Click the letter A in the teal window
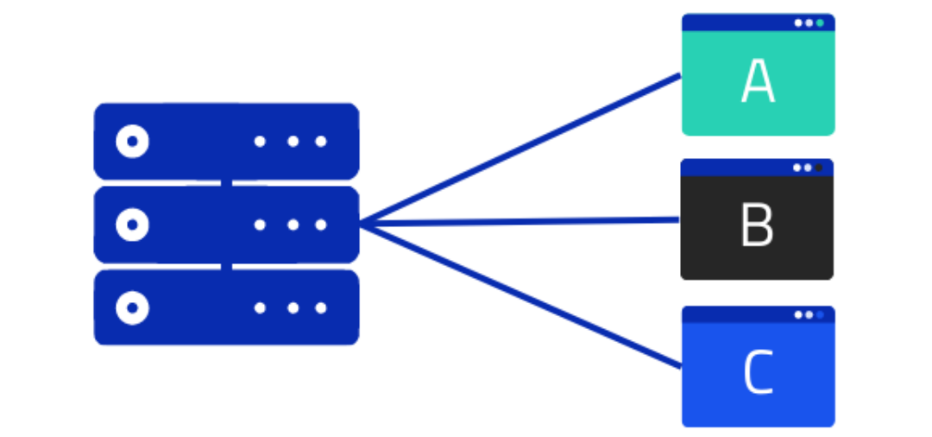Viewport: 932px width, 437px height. tap(758, 80)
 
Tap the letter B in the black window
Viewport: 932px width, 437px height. tap(758, 225)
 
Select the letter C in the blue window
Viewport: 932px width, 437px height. tap(759, 372)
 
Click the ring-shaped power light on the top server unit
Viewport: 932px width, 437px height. tap(133, 142)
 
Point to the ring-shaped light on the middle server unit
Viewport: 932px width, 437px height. tap(133, 225)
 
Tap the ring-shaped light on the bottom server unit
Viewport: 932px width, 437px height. tap(133, 308)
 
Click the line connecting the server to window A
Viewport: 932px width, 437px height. tap(520, 149)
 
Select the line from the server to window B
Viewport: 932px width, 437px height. tap(520, 222)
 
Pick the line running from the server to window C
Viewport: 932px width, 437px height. tap(520, 295)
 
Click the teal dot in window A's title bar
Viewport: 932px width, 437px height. tap(821, 23)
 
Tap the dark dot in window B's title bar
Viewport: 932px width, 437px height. tap(818, 168)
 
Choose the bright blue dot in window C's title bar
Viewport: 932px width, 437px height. tap(821, 314)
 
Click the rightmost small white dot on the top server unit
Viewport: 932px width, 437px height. tap(321, 142)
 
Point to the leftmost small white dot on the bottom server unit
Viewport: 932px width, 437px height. tap(260, 308)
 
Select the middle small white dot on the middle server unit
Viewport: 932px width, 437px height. tap(293, 225)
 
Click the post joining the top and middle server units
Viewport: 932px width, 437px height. tap(226, 182)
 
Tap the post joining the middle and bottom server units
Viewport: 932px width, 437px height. tap(226, 266)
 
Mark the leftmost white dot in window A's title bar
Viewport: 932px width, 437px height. tap(798, 23)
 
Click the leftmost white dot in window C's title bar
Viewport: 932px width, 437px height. tap(798, 314)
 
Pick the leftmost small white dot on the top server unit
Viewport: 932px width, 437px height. tap(260, 142)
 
